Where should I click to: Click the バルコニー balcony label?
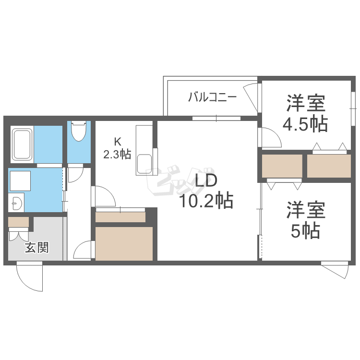[212, 97]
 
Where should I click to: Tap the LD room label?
[206, 180]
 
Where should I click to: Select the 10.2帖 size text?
[206, 201]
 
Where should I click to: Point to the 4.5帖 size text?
[305, 124]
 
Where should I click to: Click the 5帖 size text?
[305, 231]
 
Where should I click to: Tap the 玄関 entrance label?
[37, 248]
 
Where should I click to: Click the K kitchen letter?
[118, 142]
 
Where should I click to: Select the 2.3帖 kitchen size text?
[117, 154]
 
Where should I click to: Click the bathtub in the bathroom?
[22, 144]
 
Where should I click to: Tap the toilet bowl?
[79, 131]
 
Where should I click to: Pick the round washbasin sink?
[16, 203]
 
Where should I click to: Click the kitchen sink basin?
[144, 164]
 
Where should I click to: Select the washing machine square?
[20, 181]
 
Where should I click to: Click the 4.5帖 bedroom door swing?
[271, 137]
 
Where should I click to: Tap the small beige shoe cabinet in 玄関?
[18, 222]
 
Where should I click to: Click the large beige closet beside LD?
[124, 243]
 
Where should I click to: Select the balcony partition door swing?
[251, 96]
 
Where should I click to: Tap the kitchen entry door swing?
[105, 196]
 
